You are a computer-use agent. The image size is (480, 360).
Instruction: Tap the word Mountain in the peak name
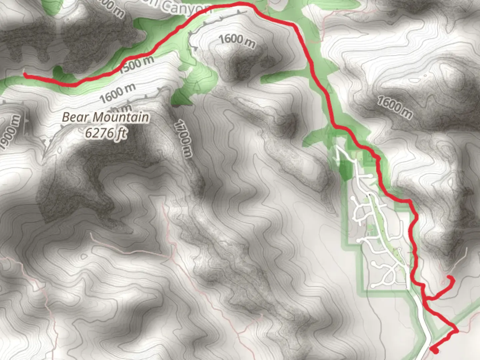pos(121,117)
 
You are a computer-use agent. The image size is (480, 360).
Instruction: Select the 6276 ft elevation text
pos(105,133)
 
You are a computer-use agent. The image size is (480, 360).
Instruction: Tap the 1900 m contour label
pos(10,132)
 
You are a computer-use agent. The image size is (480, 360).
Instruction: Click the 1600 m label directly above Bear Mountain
pos(117,93)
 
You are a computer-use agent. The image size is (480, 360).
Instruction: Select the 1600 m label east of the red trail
pos(395,107)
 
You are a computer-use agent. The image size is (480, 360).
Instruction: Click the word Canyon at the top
pos(187,7)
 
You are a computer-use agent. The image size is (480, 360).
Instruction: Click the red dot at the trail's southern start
pos(435,350)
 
